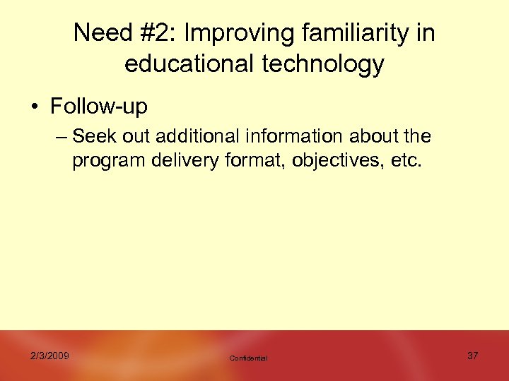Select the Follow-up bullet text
pyautogui.click(x=99, y=107)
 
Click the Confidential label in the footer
pyautogui.click(x=248, y=358)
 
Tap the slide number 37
pyautogui.click(x=472, y=356)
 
